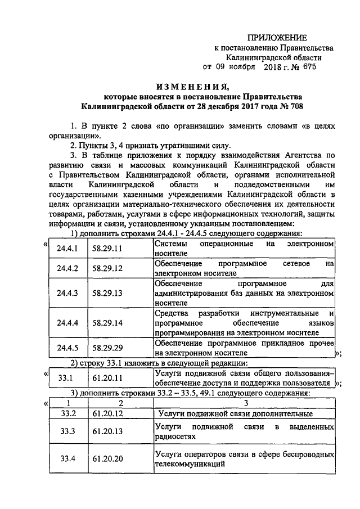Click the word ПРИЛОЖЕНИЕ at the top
(279, 38)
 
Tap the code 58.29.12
(107, 268)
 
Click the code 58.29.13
(107, 293)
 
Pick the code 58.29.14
(107, 323)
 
